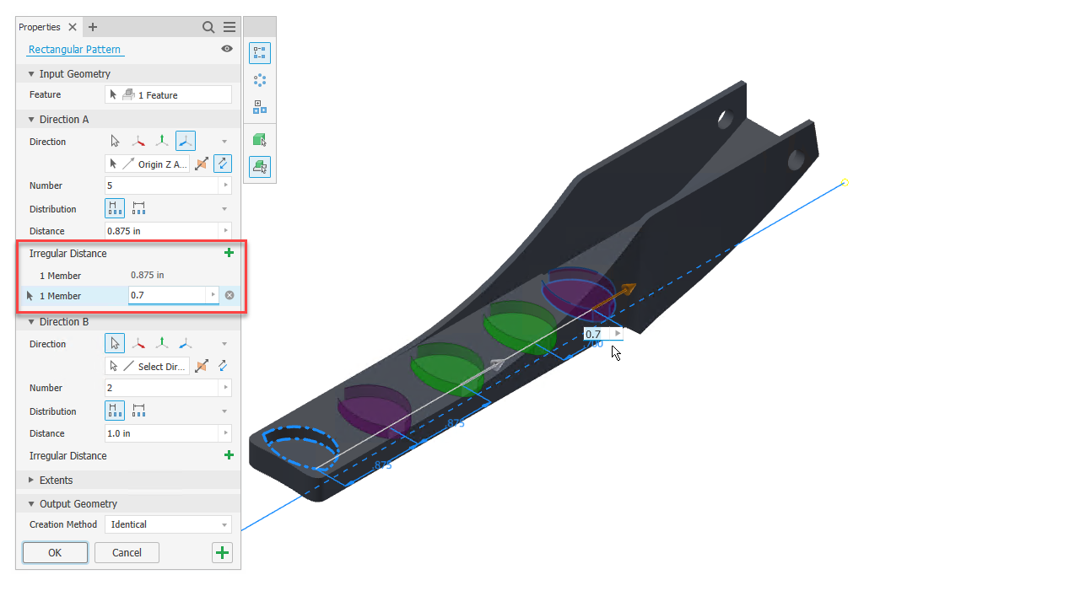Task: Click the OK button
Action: [55, 552]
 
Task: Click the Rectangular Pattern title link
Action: [74, 49]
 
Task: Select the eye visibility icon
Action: [227, 49]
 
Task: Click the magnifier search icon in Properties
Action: [208, 28]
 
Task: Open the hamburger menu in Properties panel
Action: [229, 27]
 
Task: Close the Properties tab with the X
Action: [73, 27]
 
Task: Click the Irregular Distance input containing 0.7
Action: [167, 295]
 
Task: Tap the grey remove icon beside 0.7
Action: [229, 295]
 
